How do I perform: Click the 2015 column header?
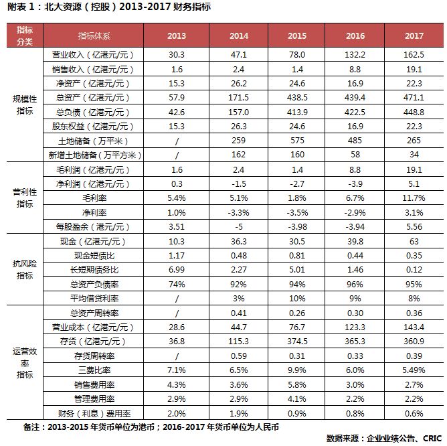297,35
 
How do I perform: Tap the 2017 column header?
414,35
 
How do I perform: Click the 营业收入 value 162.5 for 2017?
414,53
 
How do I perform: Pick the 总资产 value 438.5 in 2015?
297,98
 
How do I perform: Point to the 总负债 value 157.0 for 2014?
239,113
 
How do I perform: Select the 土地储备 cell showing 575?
297,141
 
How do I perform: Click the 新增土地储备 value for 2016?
355,155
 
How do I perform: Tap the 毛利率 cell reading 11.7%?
414,198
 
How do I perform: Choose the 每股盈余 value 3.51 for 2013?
177,226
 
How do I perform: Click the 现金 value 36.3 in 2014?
239,241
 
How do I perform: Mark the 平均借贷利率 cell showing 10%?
297,298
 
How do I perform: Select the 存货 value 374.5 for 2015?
297,342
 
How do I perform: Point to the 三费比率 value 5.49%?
414,370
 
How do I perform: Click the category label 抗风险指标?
24,269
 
